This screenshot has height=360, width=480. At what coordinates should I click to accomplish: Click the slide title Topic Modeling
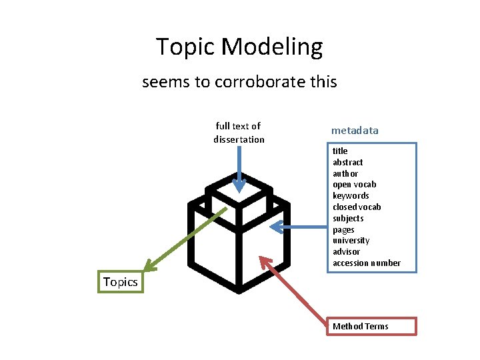coord(239,47)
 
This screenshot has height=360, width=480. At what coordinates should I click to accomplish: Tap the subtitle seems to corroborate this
coord(239,83)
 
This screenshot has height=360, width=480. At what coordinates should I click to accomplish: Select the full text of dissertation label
coord(239,133)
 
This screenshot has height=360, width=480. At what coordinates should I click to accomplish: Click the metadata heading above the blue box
coord(355,131)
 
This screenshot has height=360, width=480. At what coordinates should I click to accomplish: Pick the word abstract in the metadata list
coord(348,162)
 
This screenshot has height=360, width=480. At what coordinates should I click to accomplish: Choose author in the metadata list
coord(345,173)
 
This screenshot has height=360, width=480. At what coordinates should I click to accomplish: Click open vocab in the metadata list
coord(355,185)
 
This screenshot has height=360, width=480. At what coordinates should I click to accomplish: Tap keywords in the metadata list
coord(351,196)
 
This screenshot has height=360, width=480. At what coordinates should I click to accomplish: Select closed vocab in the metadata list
coord(357,207)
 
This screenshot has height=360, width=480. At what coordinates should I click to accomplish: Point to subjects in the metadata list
coord(348,218)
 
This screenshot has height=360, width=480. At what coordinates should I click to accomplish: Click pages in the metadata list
coord(344,229)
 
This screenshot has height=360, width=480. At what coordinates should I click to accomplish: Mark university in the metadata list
coord(351,241)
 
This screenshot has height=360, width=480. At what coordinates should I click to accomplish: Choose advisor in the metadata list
coord(347,252)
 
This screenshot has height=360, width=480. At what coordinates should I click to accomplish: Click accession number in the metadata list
coord(367,263)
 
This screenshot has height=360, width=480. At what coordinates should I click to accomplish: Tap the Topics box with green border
coord(121,282)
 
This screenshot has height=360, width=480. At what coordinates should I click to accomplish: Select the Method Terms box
coord(371,326)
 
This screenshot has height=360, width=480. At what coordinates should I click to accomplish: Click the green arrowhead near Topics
coord(151,266)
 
